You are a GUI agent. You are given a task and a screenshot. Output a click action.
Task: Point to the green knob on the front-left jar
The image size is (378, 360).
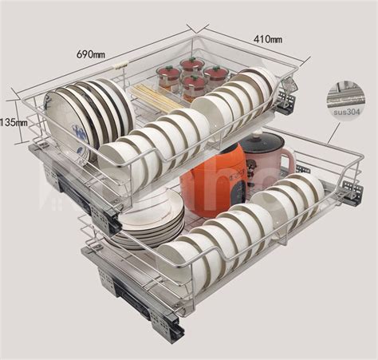click(167, 70)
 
